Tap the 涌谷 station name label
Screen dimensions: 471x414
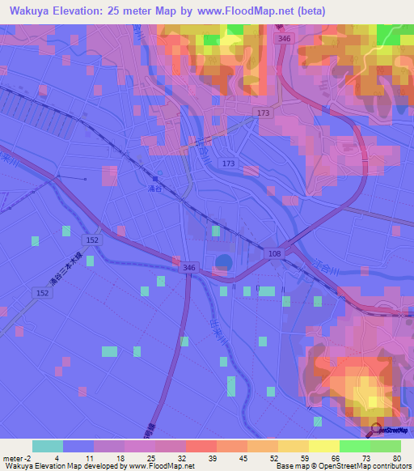coord(155,187)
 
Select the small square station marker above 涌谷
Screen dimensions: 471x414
coord(155,177)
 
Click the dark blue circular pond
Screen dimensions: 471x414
coord(224,261)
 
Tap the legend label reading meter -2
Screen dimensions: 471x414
coord(16,458)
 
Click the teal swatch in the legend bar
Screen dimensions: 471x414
coord(48,446)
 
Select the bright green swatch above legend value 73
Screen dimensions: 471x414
coord(354,446)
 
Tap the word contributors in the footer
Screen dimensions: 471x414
coord(390,466)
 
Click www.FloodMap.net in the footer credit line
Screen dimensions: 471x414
coord(158,466)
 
